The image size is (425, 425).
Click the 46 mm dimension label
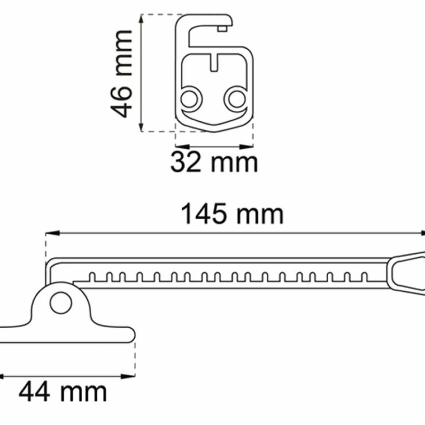pos(121,74)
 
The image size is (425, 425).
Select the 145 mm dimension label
pos(232,214)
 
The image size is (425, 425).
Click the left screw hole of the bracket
pos(189,99)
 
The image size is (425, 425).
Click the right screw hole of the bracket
pos(236,99)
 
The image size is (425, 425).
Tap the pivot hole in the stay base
pos(61,303)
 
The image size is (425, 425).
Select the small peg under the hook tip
pos(222,28)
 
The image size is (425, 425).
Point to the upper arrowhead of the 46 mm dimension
pos(141,19)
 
